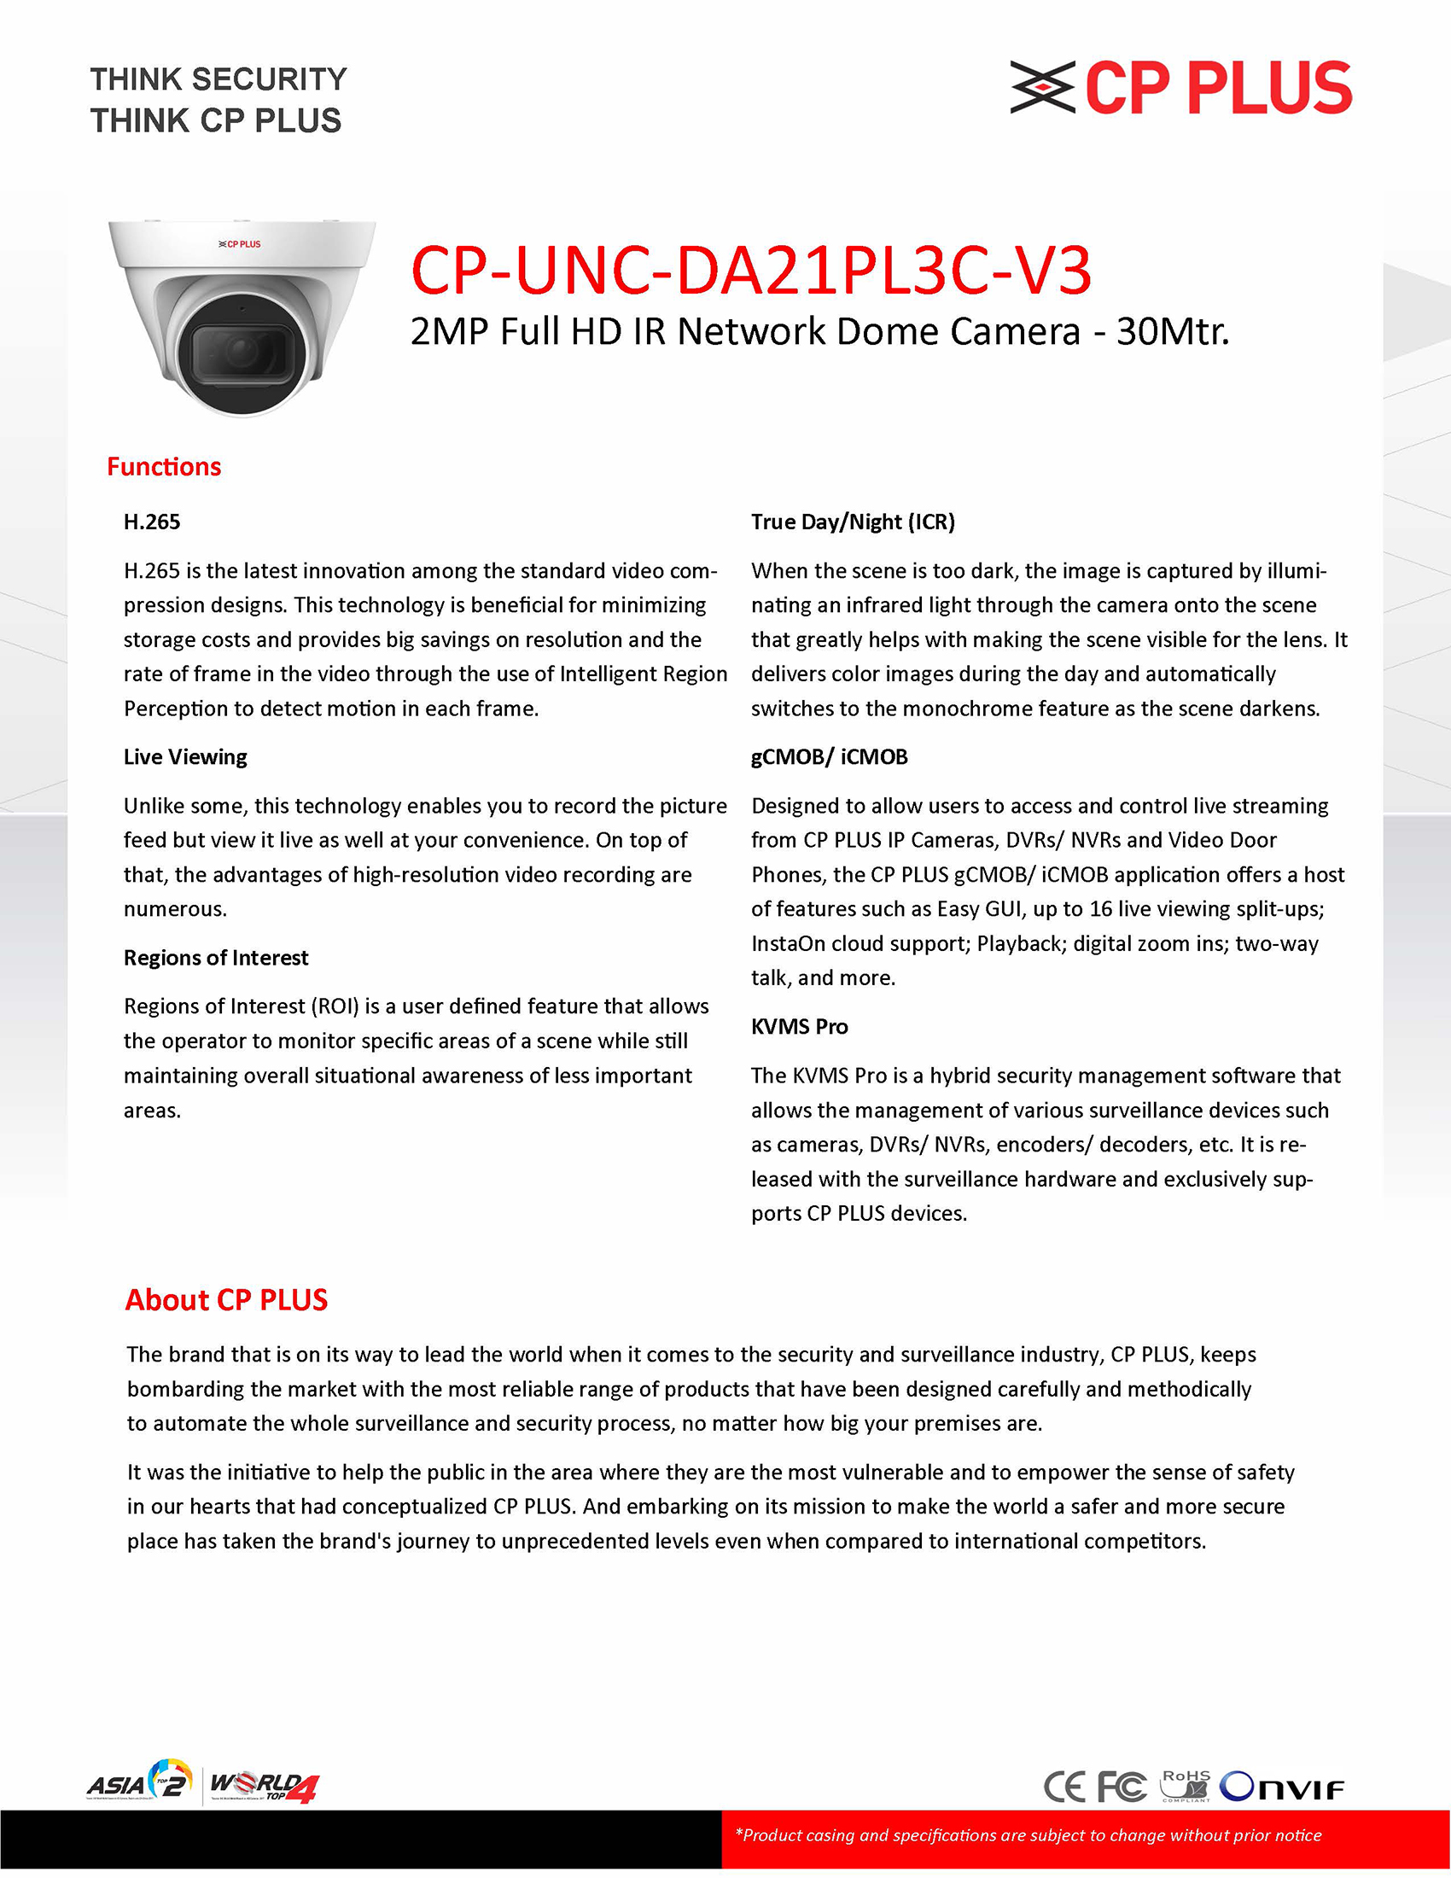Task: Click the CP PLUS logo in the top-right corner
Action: coord(1180,88)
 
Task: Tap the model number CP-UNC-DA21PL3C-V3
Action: coord(750,270)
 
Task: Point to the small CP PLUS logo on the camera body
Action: coord(240,244)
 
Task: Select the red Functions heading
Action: coord(164,467)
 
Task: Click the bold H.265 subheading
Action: coord(152,522)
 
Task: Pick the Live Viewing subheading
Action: coord(185,756)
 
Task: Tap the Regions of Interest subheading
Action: coord(216,958)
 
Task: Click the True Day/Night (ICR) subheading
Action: coord(853,522)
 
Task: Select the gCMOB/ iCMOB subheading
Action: coord(829,756)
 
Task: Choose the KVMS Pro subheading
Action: coord(799,1027)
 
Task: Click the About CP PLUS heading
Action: coord(226,1300)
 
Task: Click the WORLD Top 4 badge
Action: coord(264,1786)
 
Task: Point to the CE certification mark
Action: coord(1064,1787)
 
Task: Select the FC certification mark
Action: coord(1122,1787)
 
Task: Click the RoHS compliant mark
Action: coord(1186,1785)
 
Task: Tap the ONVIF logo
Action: coord(1281,1787)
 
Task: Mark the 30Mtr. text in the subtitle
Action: coord(1173,332)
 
